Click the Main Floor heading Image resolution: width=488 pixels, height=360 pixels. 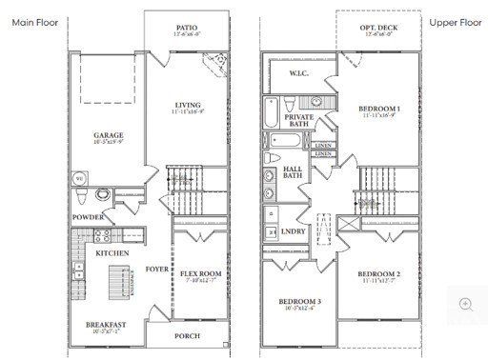point(36,22)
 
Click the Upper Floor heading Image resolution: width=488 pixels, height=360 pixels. point(455,22)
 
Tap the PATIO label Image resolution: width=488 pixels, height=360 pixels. point(188,29)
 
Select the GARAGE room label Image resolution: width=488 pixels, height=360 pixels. point(108,135)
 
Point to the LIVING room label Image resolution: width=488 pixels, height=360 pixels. point(187,105)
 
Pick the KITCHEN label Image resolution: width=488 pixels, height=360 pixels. point(112,252)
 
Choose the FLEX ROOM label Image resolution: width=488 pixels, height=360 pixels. point(200,274)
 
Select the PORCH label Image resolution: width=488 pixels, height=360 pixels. point(188,336)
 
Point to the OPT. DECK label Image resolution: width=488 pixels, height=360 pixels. point(378,29)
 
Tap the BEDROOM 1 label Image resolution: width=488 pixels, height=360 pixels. point(379,110)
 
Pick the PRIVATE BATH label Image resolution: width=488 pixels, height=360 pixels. point(299,119)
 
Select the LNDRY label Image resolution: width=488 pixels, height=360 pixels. point(295,231)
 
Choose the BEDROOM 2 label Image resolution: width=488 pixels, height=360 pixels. point(378,274)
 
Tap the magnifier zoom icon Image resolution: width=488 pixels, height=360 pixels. point(466,304)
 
